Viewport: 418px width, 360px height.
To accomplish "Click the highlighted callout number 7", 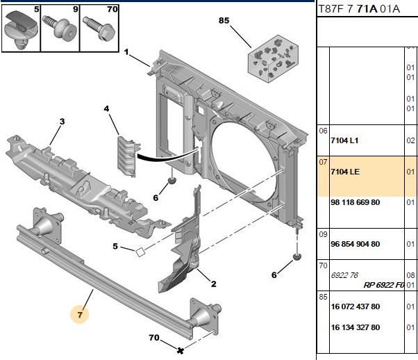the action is tap(80, 315).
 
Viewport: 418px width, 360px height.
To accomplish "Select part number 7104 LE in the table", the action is tap(345, 172).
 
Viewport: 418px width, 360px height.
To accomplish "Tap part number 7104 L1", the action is tap(344, 140).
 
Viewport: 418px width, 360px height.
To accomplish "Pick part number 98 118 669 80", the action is tap(355, 202).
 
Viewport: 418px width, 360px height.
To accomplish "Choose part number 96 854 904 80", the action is tap(355, 244).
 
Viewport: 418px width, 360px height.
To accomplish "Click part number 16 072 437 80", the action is tap(355, 306).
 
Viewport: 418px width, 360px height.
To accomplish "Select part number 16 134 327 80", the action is tap(355, 327).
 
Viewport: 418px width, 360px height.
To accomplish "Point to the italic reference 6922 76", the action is tap(344, 275).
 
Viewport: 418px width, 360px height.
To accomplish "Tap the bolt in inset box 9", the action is tap(60, 28).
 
